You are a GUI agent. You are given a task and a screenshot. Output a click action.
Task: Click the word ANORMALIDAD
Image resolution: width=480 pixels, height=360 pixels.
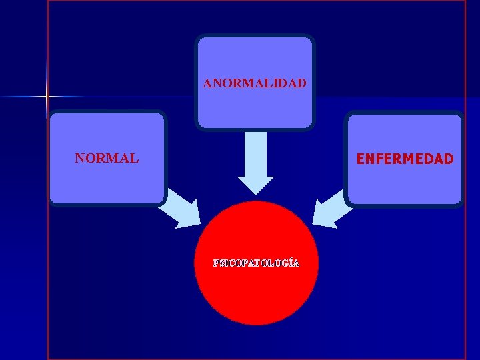[x=255, y=84]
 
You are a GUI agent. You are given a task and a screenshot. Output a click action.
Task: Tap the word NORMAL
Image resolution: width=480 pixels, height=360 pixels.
[x=107, y=159]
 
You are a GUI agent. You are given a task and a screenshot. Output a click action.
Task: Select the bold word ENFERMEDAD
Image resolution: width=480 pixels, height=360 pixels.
[x=405, y=159]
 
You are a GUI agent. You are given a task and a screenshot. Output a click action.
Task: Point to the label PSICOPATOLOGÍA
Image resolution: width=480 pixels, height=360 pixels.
[x=256, y=263]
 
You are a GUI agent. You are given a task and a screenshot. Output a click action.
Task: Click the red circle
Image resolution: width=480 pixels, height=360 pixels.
[x=256, y=293]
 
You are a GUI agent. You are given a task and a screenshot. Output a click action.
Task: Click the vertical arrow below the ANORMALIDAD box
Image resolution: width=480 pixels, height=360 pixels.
[x=255, y=160]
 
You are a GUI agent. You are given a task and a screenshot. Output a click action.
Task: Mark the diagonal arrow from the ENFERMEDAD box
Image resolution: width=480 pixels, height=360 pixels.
[x=332, y=208]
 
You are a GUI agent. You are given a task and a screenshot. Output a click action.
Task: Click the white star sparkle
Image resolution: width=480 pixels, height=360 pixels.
[x=47, y=97]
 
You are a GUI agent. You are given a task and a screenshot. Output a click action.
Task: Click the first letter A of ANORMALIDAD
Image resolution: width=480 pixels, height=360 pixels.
[x=207, y=84]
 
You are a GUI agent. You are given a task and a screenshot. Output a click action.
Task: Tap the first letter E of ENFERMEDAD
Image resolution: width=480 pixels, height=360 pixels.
[x=361, y=159]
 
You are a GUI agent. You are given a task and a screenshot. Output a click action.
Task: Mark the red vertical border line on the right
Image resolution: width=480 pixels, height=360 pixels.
[x=465, y=267]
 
